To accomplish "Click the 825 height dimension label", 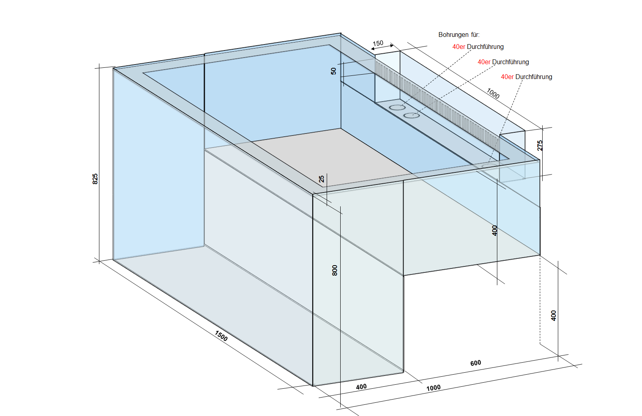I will (x=95, y=179).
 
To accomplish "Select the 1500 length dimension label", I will (x=221, y=336).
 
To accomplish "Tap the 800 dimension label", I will (x=335, y=270).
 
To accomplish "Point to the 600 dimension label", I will (x=476, y=363).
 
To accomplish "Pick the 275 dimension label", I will (x=540, y=145).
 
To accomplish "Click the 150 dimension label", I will (x=378, y=43).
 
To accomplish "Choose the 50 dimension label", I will (x=333, y=71).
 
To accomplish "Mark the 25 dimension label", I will (x=321, y=179).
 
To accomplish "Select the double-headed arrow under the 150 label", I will (x=382, y=48).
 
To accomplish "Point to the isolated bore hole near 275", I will (x=489, y=166).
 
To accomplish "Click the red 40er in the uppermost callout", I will (x=458, y=47).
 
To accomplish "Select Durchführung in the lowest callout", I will (x=534, y=77).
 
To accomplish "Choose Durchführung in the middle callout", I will (x=511, y=62).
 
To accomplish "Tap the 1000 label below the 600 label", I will (x=433, y=388).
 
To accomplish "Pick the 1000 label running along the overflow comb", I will (x=493, y=93).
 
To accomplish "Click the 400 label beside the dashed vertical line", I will (x=553, y=315).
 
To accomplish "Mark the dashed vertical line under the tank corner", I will (x=540, y=301).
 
